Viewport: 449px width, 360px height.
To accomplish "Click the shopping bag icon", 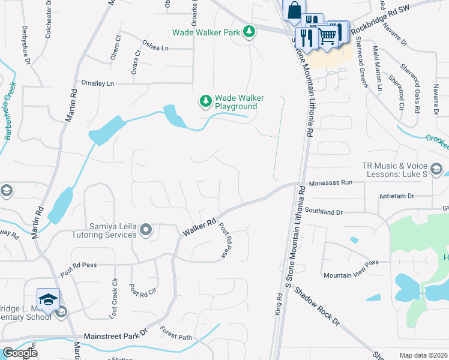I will pos(294,10).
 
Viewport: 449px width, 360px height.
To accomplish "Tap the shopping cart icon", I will pos(327,37).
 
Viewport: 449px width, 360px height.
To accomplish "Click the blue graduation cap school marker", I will pos(49,298).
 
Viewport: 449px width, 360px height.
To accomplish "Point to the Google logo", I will pos(19,353).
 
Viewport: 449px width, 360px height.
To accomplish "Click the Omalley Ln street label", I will pos(97,83).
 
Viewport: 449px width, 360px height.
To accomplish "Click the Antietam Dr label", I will pos(397,196).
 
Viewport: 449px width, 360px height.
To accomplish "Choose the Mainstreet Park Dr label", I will pos(115,336).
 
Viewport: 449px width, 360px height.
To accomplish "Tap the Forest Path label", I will pos(176,334).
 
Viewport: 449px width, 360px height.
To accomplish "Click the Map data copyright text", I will pos(423,355).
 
